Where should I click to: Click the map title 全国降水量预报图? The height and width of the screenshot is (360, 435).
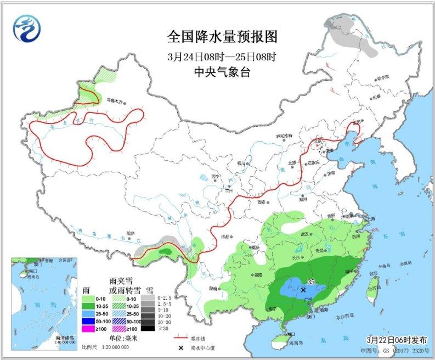[222, 37]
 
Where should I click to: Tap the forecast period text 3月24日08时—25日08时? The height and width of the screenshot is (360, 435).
[222, 57]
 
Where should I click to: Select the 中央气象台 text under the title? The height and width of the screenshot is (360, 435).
[222, 72]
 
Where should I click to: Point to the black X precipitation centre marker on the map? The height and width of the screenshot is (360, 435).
[303, 289]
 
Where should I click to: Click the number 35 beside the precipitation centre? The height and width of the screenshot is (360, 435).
[311, 282]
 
